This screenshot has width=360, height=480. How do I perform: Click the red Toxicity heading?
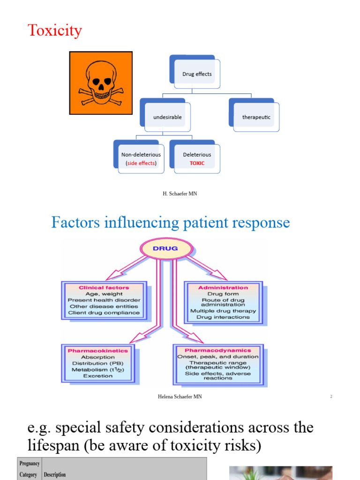pyautogui.click(x=55, y=30)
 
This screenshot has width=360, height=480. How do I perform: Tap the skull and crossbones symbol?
pyautogui.click(x=101, y=83)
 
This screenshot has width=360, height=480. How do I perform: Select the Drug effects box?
pyautogui.click(x=197, y=74)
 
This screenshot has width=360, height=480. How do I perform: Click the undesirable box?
pyautogui.click(x=167, y=117)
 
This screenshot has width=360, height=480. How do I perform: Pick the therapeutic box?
pyautogui.click(x=256, y=117)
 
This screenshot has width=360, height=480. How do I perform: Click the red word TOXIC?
pyautogui.click(x=197, y=164)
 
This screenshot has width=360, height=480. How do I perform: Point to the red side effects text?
pyautogui.click(x=141, y=164)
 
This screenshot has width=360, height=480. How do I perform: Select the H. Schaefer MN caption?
pyautogui.click(x=180, y=194)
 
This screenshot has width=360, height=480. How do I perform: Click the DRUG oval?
pyautogui.click(x=166, y=248)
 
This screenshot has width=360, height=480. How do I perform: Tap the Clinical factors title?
pyautogui.click(x=104, y=287)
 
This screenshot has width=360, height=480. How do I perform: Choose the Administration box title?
pyautogui.click(x=223, y=287)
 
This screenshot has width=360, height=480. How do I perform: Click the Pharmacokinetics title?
pyautogui.click(x=98, y=350)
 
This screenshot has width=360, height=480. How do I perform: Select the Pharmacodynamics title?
pyautogui.click(x=217, y=350)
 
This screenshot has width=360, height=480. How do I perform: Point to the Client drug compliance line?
pyautogui.click(x=104, y=313)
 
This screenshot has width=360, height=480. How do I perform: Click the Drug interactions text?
pyautogui.click(x=223, y=317)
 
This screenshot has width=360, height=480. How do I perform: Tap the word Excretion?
pyautogui.click(x=98, y=376)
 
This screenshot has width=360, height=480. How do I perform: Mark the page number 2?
pyautogui.click(x=331, y=397)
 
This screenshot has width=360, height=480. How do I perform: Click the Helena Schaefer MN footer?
pyautogui.click(x=180, y=397)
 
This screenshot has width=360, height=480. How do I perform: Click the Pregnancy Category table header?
pyautogui.click(x=30, y=469)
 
